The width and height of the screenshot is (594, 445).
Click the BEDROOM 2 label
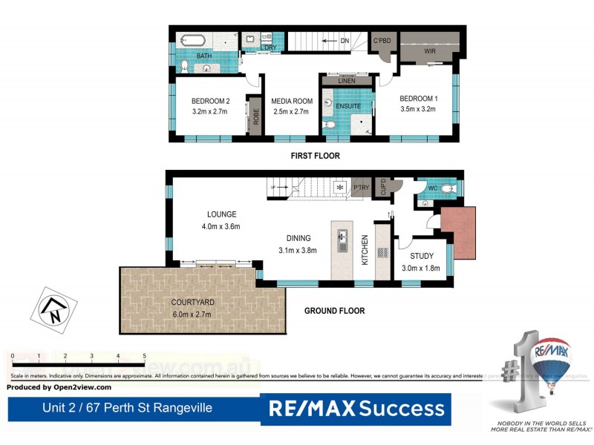[210, 102]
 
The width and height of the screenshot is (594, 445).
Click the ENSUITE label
[348, 106]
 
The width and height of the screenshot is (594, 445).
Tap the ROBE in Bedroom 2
[255, 116]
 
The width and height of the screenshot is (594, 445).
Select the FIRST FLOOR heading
[315, 156]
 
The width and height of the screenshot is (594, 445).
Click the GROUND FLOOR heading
[334, 311]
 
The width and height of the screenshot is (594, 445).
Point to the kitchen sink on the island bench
[343, 240]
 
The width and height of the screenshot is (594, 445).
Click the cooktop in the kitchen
[383, 252]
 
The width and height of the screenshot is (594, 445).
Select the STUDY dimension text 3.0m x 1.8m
[421, 268]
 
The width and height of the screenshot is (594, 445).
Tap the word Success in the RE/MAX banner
[403, 408]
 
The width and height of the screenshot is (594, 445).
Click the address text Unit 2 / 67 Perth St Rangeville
[128, 408]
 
